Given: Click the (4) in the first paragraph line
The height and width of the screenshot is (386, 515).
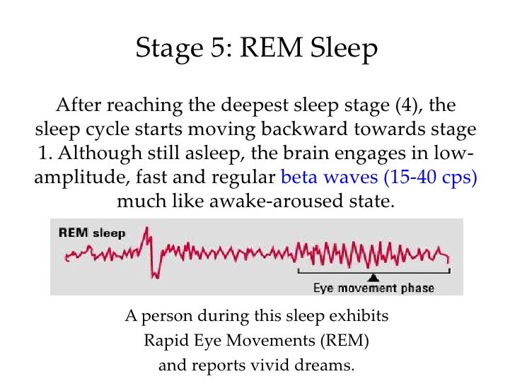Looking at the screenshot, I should pos(407,106).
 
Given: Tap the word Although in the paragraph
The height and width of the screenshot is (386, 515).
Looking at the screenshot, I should pos(102,153).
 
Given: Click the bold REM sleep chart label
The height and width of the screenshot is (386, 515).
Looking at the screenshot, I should pos(92,233).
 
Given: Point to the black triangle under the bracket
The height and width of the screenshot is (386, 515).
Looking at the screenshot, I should pos(374,276).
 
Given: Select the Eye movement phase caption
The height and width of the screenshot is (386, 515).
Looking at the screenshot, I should pos(374,288).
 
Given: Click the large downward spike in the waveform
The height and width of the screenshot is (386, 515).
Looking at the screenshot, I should pos(155,271).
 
